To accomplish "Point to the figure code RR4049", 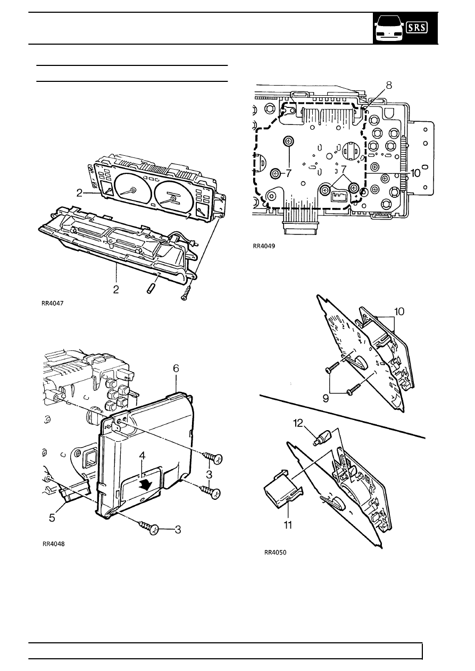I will coord(264,246).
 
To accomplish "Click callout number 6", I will coord(176,368).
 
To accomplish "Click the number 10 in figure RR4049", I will coord(415,173).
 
